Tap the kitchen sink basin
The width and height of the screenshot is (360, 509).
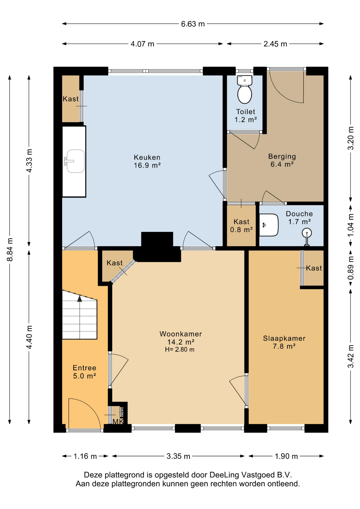(76, 161)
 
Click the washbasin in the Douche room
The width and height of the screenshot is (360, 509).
(269, 225)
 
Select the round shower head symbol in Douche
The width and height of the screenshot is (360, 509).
(307, 233)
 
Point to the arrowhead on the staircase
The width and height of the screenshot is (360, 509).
(80, 299)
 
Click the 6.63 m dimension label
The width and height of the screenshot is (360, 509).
(193, 24)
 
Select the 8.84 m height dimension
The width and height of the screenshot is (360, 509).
(10, 249)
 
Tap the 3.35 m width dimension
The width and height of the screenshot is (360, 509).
(178, 456)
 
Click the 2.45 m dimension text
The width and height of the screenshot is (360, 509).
(275, 44)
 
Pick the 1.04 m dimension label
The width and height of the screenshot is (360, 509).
(350, 225)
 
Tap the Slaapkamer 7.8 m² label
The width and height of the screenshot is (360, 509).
(284, 342)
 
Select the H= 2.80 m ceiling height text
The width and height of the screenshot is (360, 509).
(180, 349)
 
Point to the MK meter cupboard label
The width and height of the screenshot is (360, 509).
(118, 422)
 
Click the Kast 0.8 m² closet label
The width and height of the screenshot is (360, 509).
(242, 226)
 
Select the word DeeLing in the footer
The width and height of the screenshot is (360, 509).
(222, 475)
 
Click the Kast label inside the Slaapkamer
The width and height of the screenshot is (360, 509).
(314, 268)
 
